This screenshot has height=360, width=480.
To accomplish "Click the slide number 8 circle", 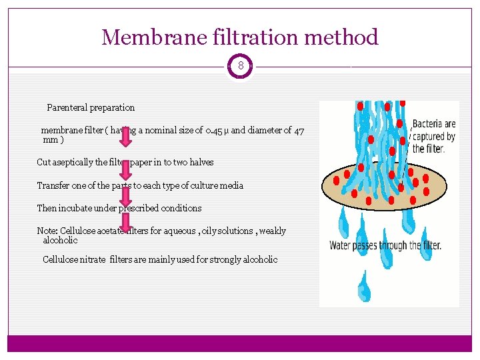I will pos(240,67).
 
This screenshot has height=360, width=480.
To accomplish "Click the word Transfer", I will pos(53,185).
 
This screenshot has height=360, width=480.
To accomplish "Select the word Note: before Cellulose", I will pos(47,231).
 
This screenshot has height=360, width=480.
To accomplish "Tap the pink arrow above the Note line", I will pos(126,221).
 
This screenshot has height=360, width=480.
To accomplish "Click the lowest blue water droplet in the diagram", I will pos(364,287).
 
